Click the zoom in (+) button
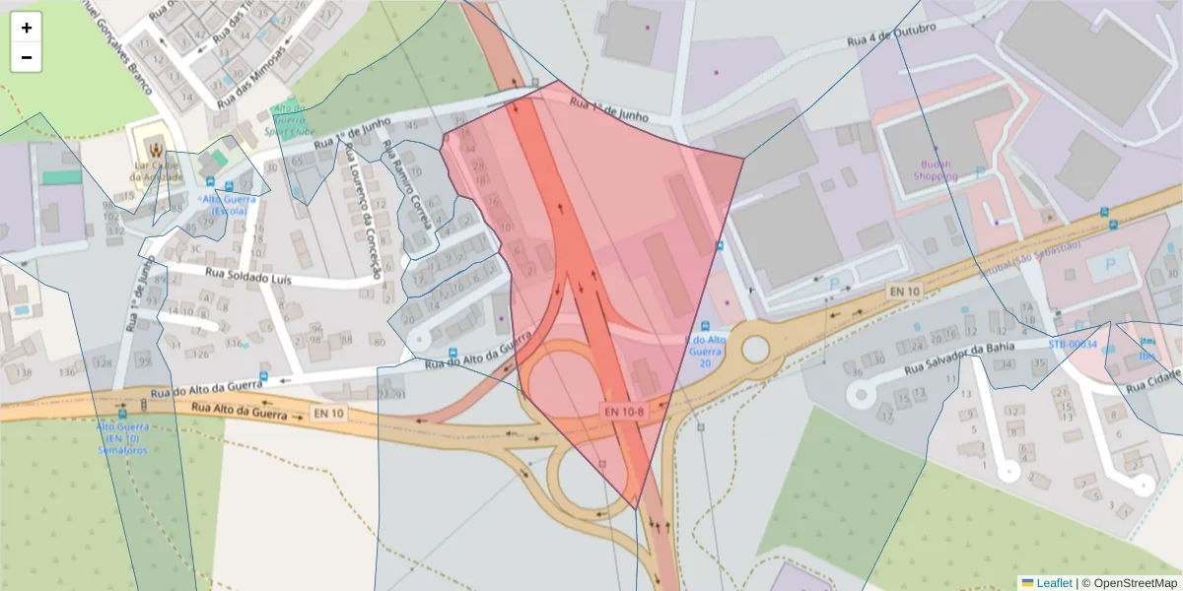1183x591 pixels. coord(27,28)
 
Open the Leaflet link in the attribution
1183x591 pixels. coord(1054,583)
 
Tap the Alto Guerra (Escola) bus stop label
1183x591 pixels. coord(229,204)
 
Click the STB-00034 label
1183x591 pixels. coord(1073,344)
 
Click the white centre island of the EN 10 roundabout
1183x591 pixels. coord(755,349)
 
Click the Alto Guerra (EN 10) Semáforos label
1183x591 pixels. coord(121,437)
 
